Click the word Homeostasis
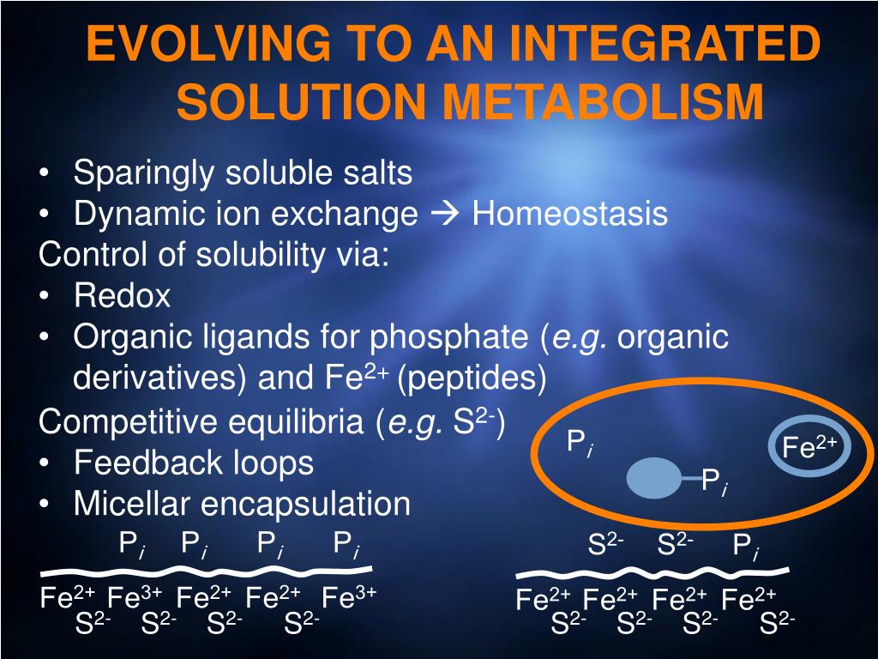coord(569,214)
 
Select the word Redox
coord(122,297)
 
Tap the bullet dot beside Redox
coord(46,297)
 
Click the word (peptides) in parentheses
coord(471,378)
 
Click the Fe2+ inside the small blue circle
coord(809,447)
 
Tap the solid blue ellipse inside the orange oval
coord(654,478)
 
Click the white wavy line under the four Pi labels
coord(206,570)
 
